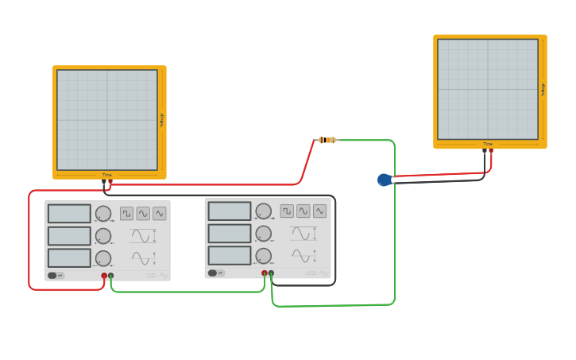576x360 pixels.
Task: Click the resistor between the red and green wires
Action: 327,140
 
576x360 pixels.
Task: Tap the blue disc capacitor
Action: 385,180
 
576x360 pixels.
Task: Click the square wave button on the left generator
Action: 127,213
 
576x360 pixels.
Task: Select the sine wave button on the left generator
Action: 143,213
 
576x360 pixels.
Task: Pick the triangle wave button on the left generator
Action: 160,213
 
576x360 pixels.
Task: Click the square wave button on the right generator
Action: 287,211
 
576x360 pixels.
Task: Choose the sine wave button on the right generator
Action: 303,211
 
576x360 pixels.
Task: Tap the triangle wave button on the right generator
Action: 319,211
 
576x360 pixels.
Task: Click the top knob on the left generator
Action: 103,213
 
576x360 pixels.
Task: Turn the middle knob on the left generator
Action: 103,236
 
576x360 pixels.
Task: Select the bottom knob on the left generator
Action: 103,258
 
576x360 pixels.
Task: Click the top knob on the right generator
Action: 263,211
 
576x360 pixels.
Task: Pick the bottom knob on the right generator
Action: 263,256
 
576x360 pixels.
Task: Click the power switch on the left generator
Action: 54,276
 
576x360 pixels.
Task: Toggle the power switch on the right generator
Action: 214,273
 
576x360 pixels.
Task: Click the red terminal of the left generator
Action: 104,276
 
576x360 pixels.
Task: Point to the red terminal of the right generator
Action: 265,273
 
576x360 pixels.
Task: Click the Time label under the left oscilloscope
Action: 106,175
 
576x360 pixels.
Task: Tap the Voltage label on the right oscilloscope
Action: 543,89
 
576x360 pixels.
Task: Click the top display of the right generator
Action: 230,211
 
